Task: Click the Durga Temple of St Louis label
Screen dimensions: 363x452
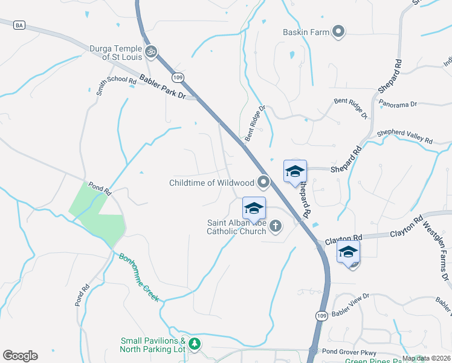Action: (115, 53)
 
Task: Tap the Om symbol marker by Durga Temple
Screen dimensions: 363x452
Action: (151, 53)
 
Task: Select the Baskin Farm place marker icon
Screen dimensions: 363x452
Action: (338, 31)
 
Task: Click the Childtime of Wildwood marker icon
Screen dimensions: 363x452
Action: (263, 181)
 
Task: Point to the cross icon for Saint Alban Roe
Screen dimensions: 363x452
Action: (276, 227)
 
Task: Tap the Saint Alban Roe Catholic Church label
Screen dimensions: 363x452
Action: (236, 226)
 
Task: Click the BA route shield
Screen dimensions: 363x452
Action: (20, 25)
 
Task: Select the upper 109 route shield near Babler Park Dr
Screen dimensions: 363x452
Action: (177, 77)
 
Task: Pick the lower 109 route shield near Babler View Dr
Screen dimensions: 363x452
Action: (320, 316)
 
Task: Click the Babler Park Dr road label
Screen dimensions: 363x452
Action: (162, 87)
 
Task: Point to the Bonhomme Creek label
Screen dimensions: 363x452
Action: (139, 277)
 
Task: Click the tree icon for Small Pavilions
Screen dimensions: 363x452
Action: (194, 344)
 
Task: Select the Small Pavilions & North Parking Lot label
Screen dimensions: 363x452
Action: (152, 345)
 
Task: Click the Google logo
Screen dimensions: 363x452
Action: (20, 356)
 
